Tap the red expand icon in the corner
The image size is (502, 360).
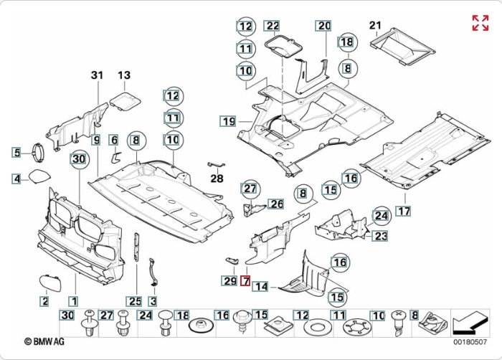[x=480, y=22]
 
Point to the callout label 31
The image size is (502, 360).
[x=98, y=75]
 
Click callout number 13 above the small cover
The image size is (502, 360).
[x=124, y=75]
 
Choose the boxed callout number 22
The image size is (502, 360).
[x=273, y=27]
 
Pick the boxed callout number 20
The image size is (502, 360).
[x=324, y=27]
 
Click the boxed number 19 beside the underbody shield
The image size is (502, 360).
[x=228, y=121]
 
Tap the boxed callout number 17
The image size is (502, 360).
[x=404, y=211]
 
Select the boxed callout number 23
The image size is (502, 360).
[x=380, y=235]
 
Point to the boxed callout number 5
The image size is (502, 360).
[x=16, y=151]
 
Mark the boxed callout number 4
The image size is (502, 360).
[x=16, y=178]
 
